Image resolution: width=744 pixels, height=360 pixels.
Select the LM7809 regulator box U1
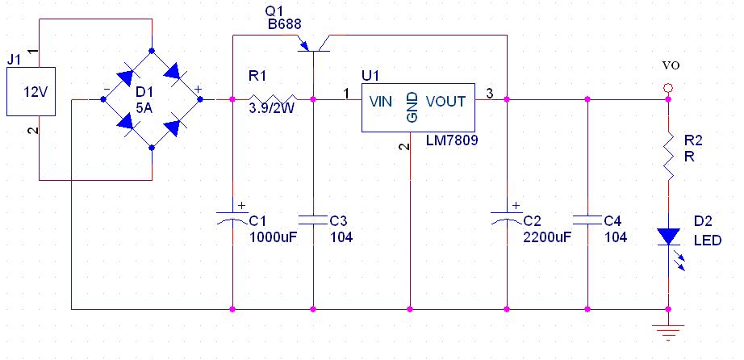pos(417,108)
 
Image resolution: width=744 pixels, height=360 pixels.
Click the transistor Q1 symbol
pos(312,44)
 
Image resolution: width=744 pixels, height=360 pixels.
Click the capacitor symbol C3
pos(312,218)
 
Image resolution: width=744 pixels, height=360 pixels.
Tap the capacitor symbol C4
pos(587,218)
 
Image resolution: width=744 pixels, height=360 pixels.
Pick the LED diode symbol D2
pos(669,237)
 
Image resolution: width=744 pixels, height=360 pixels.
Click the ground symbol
pos(669,329)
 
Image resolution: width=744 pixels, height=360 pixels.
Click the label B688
pos(285,25)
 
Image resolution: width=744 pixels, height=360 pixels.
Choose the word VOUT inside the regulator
pos(445,102)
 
